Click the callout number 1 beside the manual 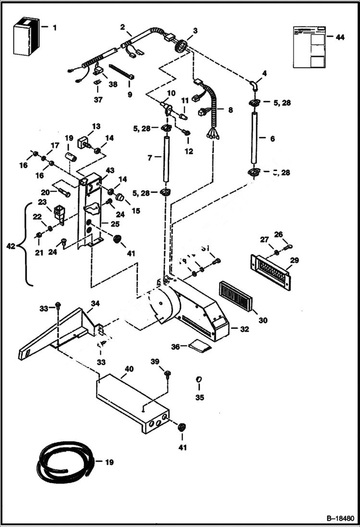pyautogui.click(x=54, y=28)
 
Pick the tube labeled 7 pyautogui.click(x=165, y=159)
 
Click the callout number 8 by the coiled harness pyautogui.click(x=230, y=110)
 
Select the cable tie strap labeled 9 pyautogui.click(x=121, y=72)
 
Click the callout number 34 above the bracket pyautogui.click(x=96, y=303)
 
